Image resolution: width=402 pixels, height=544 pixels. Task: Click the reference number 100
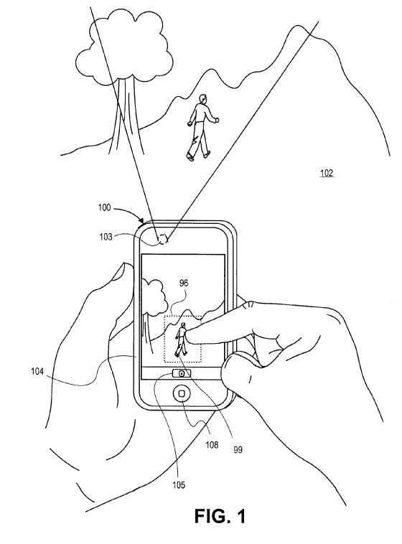(104, 207)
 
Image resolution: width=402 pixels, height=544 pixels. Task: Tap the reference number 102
(327, 173)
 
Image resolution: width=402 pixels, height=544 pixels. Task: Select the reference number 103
(106, 237)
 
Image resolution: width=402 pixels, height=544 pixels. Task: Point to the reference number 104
(37, 372)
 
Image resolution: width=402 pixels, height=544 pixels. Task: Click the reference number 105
(179, 484)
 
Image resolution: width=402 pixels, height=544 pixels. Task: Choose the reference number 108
(212, 444)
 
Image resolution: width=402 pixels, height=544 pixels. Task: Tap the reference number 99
(238, 450)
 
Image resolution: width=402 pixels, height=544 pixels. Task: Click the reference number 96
(184, 283)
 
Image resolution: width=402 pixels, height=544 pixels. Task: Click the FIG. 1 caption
(220, 516)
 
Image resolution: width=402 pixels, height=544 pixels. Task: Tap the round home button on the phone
(182, 393)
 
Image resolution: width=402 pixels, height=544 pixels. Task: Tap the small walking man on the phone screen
(181, 339)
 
